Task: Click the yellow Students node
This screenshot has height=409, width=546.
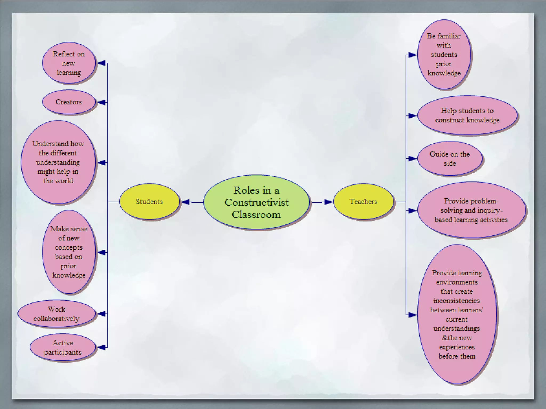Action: tap(149, 202)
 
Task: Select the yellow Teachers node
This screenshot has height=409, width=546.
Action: tap(363, 202)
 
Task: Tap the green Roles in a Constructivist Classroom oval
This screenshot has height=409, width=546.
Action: tap(256, 202)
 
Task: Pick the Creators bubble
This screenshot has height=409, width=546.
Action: tap(69, 102)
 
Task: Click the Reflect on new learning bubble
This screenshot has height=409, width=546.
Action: tap(69, 63)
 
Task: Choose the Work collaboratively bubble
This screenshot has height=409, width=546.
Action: tap(57, 314)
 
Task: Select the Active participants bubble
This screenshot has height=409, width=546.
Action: tap(63, 347)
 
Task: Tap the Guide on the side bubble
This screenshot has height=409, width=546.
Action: tap(450, 158)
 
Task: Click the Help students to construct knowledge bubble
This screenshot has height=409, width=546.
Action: tap(467, 115)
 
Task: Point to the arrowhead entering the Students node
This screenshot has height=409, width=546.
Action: tap(186, 202)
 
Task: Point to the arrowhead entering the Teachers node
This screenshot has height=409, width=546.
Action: tap(328, 202)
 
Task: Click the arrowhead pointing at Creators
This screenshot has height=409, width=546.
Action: tap(101, 102)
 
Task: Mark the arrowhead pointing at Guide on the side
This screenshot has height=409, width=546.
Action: tap(412, 159)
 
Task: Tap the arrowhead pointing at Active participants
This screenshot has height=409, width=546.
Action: tap(101, 347)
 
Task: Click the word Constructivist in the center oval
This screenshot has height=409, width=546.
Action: tap(256, 202)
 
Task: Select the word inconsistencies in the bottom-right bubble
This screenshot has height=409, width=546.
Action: tap(456, 301)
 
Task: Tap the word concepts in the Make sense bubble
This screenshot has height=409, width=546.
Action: tap(69, 247)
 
